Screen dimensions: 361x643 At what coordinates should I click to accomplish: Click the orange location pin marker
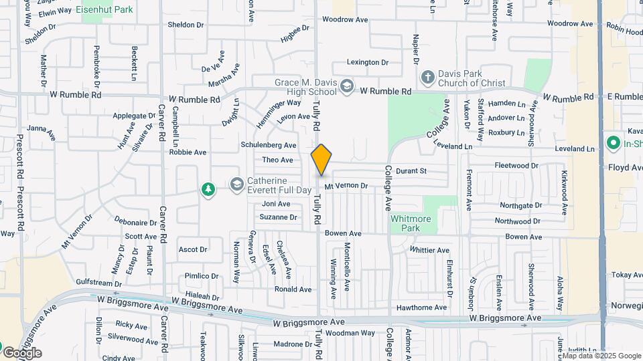[321, 159]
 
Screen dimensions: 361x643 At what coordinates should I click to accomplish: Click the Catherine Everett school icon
[236, 185]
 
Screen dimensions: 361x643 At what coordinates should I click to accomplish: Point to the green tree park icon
[209, 190]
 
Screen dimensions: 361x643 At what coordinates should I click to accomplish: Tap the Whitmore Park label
[410, 223]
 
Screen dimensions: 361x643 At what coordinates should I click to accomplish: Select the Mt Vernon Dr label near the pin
[346, 185]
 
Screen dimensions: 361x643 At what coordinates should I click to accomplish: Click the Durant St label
[411, 171]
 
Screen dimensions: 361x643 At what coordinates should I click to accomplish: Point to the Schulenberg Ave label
[269, 145]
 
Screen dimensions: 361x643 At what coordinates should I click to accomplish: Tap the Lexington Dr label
[368, 62]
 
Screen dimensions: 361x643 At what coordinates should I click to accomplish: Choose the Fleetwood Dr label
[516, 165]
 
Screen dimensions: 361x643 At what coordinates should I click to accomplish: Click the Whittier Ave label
[429, 250]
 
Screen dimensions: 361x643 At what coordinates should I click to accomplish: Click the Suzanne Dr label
[278, 217]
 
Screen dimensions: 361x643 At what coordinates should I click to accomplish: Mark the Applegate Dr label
[134, 116]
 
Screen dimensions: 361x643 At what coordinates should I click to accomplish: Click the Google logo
[22, 352]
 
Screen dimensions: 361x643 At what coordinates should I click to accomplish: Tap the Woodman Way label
[350, 332]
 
